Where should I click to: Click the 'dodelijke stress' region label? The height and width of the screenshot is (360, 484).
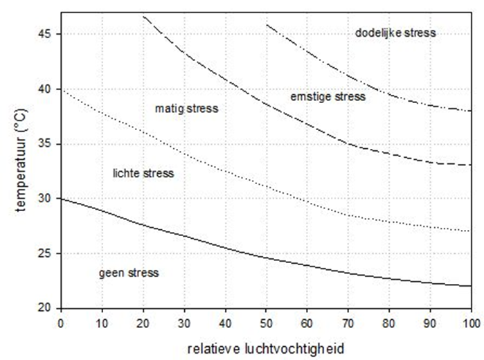[x=395, y=33]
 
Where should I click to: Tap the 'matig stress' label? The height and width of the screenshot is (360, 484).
[x=186, y=109]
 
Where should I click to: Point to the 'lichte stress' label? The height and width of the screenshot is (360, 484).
[x=143, y=173]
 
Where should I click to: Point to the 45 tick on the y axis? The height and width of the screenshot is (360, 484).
[x=46, y=34]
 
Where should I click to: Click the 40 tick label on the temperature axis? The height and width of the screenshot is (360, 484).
[x=46, y=89]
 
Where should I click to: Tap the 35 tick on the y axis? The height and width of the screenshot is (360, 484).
[x=46, y=144]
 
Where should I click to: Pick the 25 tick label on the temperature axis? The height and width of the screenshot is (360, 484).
[x=46, y=253]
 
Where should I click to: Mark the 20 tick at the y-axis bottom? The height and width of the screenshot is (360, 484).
[x=46, y=308]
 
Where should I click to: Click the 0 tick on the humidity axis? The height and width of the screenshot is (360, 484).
[x=61, y=321]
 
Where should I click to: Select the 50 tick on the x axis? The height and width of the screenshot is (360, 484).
[x=266, y=321]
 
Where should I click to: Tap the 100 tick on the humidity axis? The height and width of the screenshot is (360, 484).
[x=471, y=321]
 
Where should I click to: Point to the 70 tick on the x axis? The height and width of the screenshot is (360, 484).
[x=348, y=321]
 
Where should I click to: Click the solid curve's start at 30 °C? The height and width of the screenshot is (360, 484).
[x=61, y=199]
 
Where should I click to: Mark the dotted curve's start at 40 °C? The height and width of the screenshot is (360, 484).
[x=61, y=89]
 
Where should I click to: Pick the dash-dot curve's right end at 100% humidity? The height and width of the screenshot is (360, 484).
[x=471, y=111]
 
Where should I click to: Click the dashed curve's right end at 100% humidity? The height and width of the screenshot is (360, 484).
[x=471, y=165]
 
